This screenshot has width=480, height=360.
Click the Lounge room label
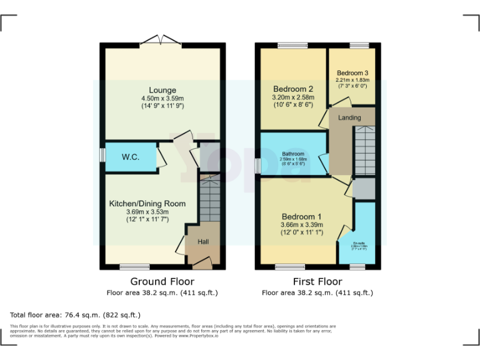coord(162,90)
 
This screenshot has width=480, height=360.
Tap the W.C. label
coord(130,156)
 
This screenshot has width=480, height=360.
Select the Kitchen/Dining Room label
coord(147,204)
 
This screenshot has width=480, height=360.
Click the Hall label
coord(204,242)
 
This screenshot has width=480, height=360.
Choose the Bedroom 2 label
coord(292,89)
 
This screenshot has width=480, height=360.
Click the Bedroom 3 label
coord(352,72)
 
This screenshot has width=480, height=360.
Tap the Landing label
coord(349,117)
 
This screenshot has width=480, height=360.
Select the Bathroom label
coord(292,154)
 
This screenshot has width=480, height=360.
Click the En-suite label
coord(359,243)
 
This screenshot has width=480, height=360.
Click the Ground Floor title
coord(162,281)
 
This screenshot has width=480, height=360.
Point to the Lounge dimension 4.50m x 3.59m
coord(162,98)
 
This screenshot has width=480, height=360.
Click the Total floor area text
coord(75,315)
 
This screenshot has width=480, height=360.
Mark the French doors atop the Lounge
coord(162,41)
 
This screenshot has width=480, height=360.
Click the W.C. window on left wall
coord(102,155)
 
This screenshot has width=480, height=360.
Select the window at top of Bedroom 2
coord(292,44)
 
